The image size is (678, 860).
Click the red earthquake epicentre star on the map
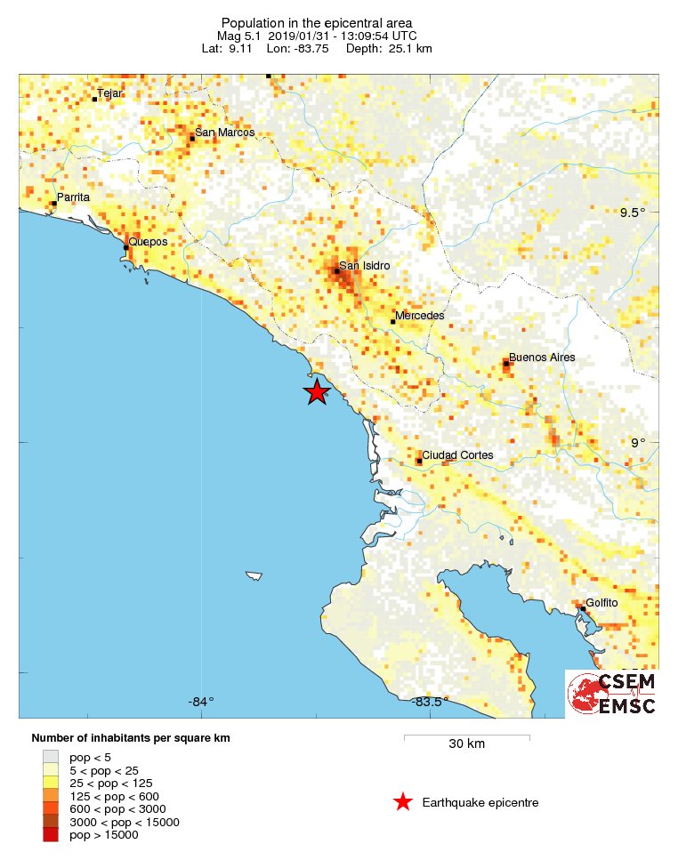click(317, 391)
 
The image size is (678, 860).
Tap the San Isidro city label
click(365, 265)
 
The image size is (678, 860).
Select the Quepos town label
click(148, 241)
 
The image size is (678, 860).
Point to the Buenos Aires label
click(542, 358)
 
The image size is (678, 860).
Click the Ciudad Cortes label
click(457, 455)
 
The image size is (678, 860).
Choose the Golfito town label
click(601, 603)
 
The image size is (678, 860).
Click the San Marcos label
click(225, 133)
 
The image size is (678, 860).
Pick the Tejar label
click(109, 93)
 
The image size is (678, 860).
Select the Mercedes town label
click(419, 316)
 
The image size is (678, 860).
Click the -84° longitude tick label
click(201, 702)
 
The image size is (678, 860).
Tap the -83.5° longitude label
click(430, 702)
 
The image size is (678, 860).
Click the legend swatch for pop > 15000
click(51, 834)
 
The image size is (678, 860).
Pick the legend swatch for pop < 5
click(51, 757)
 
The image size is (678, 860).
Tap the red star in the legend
click(402, 802)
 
